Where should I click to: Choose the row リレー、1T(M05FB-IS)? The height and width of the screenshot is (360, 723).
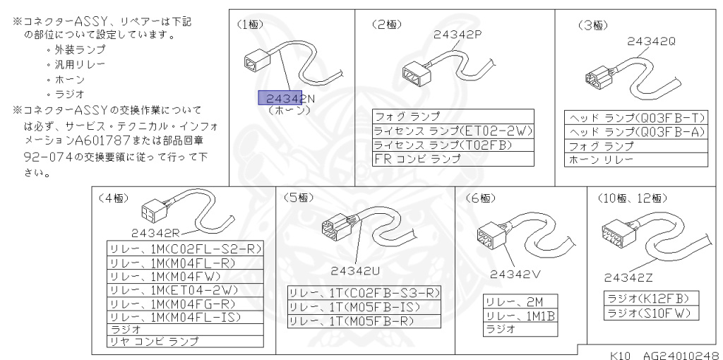[x=364, y=307]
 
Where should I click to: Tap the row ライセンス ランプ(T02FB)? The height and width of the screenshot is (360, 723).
[x=453, y=145]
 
